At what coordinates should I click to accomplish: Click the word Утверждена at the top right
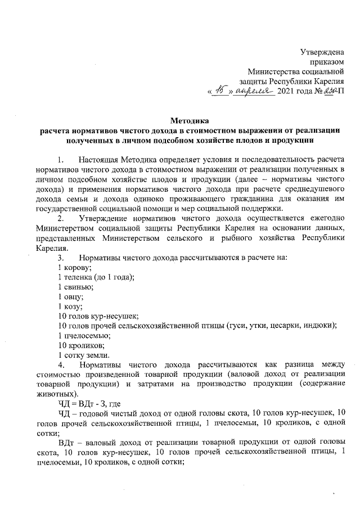tap(323, 52)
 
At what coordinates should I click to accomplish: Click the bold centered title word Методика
tap(189, 120)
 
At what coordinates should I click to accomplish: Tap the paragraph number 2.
tap(61, 218)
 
